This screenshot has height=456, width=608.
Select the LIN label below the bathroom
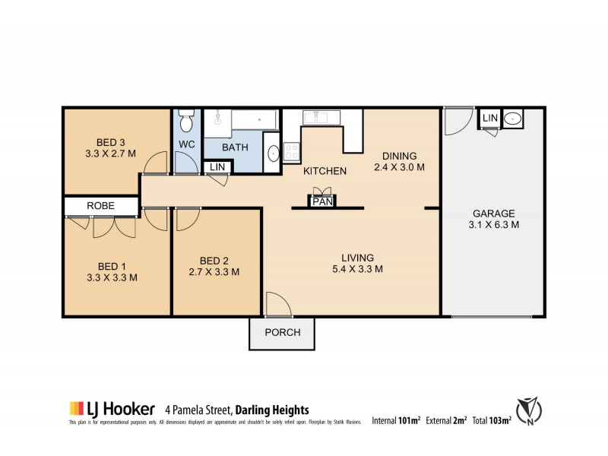(217, 166)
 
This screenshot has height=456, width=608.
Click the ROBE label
(100, 205)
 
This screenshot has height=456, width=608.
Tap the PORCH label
(283, 332)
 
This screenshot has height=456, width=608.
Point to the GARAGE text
(494, 214)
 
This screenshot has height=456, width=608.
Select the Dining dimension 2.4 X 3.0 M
(398, 167)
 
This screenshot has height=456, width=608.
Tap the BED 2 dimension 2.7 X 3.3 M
(214, 271)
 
